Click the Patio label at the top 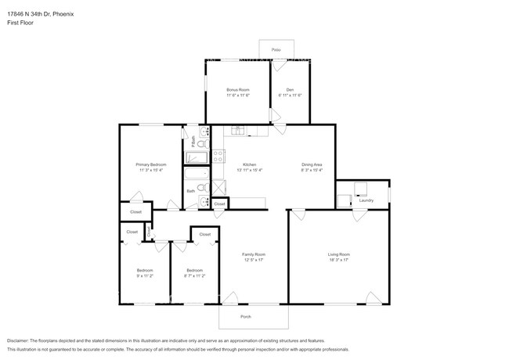[276, 49]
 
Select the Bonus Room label [237, 90]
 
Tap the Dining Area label [312, 164]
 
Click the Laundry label [366, 200]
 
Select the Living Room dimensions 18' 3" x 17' [338, 260]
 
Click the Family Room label [253, 254]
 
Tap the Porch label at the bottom [253, 316]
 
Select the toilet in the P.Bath [201, 144]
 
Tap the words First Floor [20, 23]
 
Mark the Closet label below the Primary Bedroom [135, 212]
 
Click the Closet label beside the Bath [219, 203]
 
